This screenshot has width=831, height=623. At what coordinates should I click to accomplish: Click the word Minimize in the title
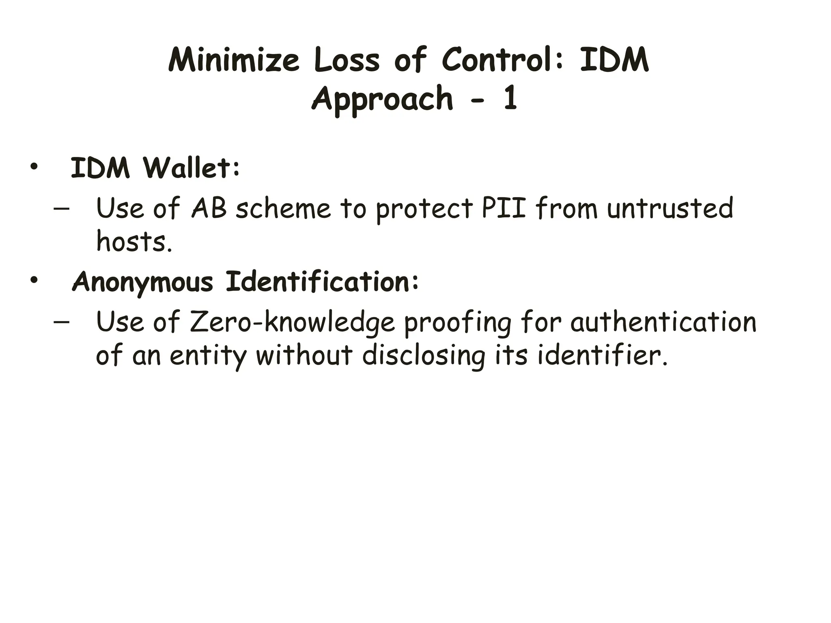pos(234,60)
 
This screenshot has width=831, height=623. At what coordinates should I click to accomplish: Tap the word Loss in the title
pos(347,60)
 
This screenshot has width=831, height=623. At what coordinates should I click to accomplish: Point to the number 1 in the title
pos(510,98)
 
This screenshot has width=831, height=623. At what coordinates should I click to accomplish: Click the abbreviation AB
pos(209,208)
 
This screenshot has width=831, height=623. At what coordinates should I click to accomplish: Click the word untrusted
pos(670,208)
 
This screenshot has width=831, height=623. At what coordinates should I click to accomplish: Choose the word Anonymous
pos(142,282)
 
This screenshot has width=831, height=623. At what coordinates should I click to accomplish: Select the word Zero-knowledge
pos(292,322)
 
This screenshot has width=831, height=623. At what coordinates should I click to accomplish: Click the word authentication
pos(663,322)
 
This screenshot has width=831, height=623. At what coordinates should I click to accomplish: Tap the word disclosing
pos(424,356)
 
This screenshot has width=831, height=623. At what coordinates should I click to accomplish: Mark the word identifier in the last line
pos(602,356)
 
